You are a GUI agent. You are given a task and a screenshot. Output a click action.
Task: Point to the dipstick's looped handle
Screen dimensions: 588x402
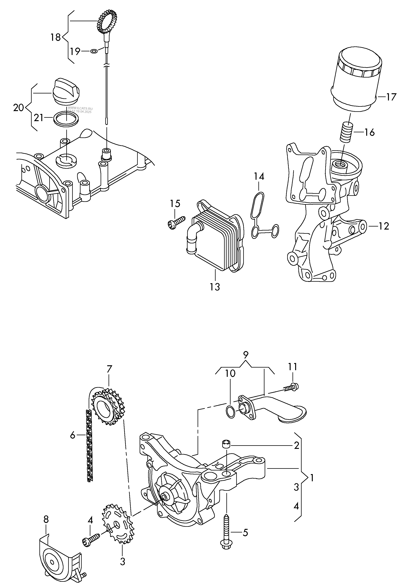[x=107, y=23]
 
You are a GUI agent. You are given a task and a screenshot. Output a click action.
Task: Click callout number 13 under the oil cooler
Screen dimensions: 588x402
[x=215, y=287]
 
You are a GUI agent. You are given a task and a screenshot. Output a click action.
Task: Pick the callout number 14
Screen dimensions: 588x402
[x=259, y=176]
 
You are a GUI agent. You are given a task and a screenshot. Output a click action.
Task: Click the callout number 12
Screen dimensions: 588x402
[x=384, y=226]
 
